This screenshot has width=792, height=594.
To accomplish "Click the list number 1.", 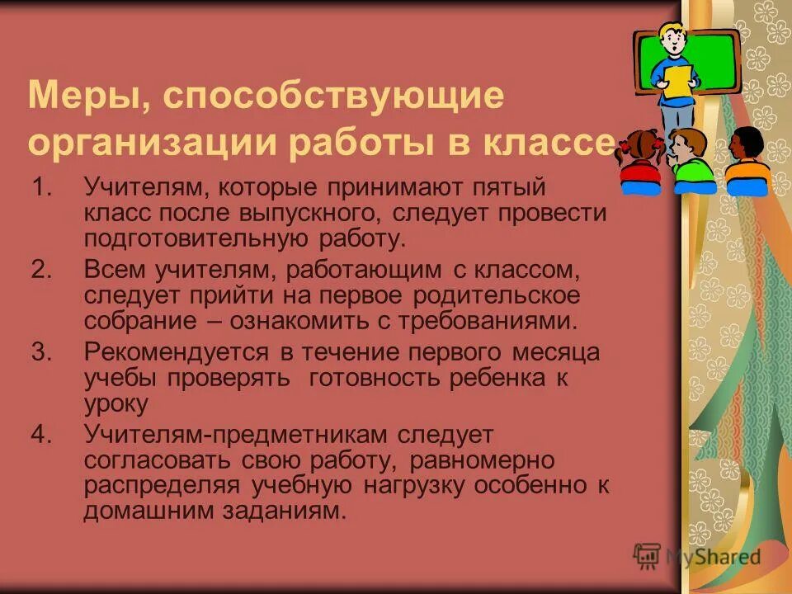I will coord(42,189).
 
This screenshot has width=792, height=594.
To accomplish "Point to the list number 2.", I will coord(42,269).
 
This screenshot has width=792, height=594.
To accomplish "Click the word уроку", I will coord(116,403).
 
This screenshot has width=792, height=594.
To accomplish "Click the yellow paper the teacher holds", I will coord(679,83).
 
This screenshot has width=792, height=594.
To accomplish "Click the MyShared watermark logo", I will coord(697,556).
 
